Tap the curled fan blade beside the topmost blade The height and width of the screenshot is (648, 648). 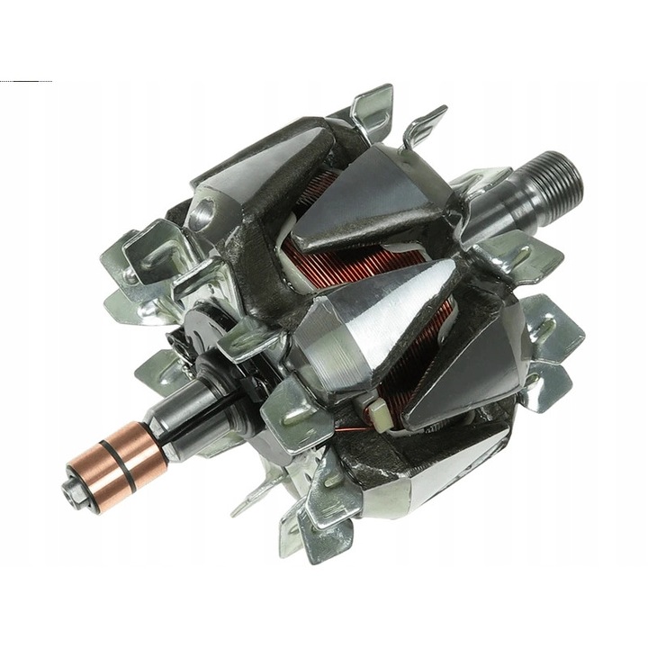point(424,126)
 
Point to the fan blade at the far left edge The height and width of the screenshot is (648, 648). point(126,261)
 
